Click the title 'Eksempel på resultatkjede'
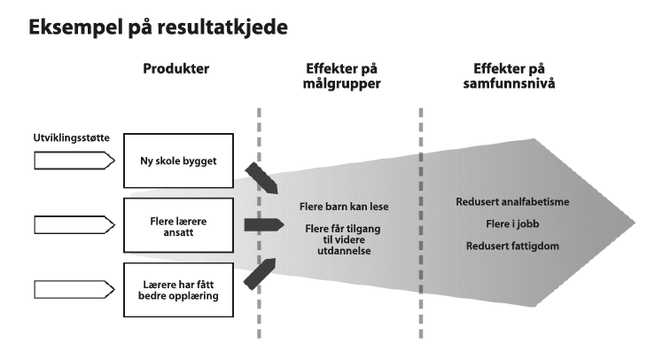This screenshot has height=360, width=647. (x=158, y=27)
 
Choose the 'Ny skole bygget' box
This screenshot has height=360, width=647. (x=178, y=161)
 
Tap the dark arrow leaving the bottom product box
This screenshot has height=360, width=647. (x=263, y=270)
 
